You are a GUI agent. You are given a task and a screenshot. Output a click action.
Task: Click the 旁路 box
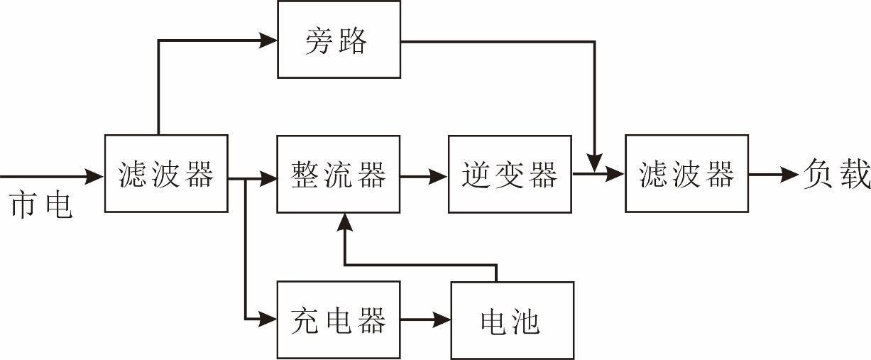[338, 39]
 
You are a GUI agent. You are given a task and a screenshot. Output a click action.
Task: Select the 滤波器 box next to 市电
[166, 173]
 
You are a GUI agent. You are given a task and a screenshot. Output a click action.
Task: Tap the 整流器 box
[338, 173]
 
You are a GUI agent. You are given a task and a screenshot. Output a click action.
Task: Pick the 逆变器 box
[510, 173]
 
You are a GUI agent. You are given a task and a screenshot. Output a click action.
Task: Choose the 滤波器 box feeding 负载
[686, 173]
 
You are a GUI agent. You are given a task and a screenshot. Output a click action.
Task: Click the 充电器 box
[338, 320]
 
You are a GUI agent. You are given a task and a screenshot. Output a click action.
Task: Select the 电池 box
[512, 320]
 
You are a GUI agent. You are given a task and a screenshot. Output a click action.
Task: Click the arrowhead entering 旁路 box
[268, 40]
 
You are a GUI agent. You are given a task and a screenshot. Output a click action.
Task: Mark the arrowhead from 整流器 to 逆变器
[439, 174]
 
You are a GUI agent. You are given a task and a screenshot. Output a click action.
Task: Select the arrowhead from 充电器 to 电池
[442, 320]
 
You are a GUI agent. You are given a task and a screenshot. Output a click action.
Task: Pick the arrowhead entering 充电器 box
[268, 320]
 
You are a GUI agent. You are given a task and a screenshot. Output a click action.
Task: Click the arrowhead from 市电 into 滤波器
[95, 174]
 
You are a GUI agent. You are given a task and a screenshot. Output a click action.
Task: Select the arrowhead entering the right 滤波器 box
[616, 174]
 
